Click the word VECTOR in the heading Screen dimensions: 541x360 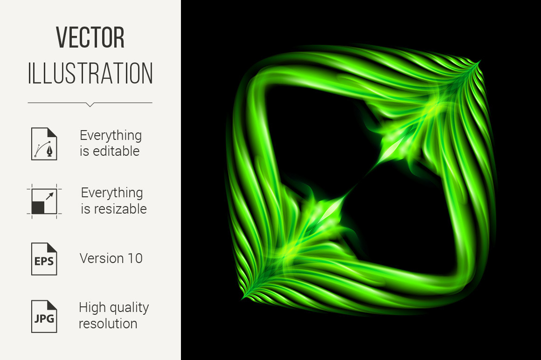click(90, 38)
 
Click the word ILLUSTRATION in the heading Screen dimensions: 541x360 click(90, 74)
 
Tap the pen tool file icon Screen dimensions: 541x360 click(44, 144)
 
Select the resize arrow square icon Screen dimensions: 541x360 click(44, 201)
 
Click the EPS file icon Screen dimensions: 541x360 click(44, 259)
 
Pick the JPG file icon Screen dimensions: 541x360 click(44, 317)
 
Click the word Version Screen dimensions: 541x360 click(102, 258)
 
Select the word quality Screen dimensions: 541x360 click(128, 308)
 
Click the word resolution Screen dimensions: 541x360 click(108, 324)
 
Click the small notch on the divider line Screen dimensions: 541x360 click(90, 105)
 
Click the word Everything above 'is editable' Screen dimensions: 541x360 click(111, 136)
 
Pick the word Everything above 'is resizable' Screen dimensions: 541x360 click(112, 193)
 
